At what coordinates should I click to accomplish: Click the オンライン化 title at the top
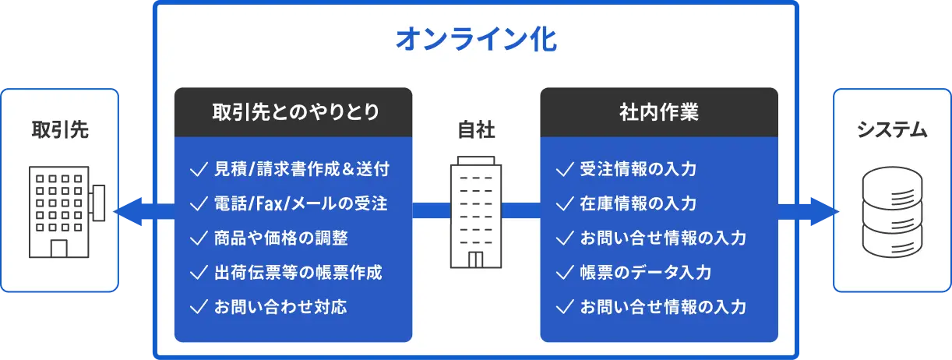tap(476, 39)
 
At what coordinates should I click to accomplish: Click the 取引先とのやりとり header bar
tap(293, 112)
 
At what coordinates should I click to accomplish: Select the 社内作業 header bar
tap(658, 112)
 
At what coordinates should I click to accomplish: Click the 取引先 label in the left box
tap(60, 129)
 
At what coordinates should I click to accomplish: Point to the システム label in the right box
tap(892, 129)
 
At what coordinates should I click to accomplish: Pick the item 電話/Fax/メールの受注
tap(300, 203)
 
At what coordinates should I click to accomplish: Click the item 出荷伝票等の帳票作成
tap(298, 273)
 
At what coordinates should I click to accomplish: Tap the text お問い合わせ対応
tap(280, 307)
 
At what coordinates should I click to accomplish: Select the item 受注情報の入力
tap(638, 169)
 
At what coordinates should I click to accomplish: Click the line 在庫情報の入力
tap(638, 203)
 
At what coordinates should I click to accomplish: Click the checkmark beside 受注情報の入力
tap(564, 169)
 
